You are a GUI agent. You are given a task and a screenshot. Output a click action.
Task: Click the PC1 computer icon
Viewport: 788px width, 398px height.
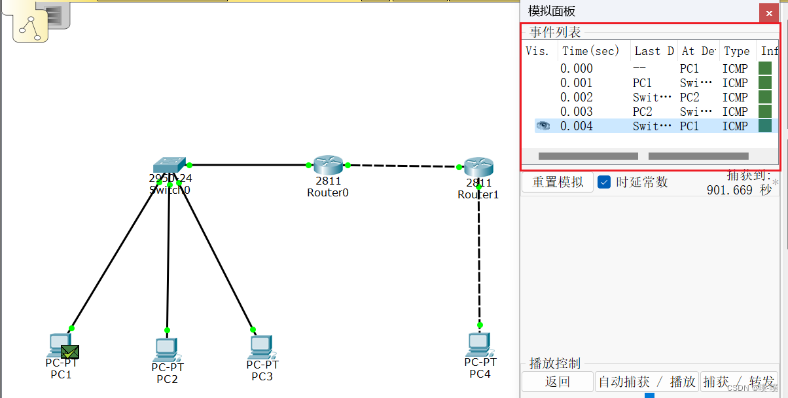coord(58,345)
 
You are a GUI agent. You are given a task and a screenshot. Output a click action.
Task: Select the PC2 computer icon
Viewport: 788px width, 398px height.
coord(167,350)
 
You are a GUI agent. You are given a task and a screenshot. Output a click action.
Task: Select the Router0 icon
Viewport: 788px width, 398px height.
coord(328,166)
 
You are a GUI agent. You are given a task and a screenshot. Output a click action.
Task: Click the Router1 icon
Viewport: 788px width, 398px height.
coord(478,168)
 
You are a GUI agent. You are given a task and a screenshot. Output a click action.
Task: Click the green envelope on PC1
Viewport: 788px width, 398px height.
coord(70,352)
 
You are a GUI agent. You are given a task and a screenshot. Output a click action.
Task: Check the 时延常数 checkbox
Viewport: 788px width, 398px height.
coord(604,182)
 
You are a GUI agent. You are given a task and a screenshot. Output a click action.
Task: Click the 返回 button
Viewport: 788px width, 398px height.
coord(557,382)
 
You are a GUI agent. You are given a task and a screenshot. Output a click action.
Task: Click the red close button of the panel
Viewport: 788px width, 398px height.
coord(768,13)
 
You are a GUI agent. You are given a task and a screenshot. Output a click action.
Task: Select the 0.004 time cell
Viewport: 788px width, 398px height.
coord(576,126)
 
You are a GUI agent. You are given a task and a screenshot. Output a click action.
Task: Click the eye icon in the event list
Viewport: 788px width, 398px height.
coord(543,126)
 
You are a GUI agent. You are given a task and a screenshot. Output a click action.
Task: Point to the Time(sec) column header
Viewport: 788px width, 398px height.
coord(590,51)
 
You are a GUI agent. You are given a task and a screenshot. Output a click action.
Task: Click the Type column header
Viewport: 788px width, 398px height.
coord(736,51)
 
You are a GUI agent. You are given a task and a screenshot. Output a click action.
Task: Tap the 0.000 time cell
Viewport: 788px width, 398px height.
coord(576,69)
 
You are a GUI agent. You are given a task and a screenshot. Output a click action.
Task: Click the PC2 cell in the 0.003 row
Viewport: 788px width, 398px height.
coord(642,112)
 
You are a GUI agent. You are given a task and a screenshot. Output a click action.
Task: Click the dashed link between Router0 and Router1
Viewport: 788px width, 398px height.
coord(403,166)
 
